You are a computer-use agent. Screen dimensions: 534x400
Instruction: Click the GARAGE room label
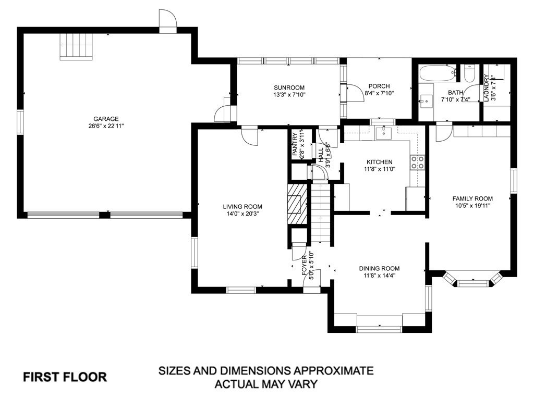click(x=106, y=119)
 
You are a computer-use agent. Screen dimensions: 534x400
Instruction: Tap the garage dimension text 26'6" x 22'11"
click(x=106, y=126)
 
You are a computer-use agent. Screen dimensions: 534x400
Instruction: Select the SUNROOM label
click(x=289, y=87)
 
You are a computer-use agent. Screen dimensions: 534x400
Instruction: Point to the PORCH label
click(x=379, y=86)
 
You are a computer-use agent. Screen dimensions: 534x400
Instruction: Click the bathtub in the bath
click(x=438, y=73)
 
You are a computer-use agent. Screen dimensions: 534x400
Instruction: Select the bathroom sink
click(x=426, y=101)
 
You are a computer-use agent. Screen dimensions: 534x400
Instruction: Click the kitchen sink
click(x=384, y=133)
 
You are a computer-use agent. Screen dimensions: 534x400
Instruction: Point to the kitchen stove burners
click(x=418, y=162)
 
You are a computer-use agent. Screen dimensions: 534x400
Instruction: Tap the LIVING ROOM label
click(x=242, y=206)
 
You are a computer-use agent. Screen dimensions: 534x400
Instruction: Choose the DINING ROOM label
click(x=379, y=268)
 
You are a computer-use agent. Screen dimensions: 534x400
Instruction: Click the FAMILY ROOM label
click(x=472, y=198)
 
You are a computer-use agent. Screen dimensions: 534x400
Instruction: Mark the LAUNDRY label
click(x=486, y=87)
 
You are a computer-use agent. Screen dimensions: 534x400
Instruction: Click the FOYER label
click(x=304, y=265)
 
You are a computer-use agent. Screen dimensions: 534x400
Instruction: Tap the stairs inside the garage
click(x=76, y=47)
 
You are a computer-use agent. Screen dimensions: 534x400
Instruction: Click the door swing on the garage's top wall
click(x=168, y=19)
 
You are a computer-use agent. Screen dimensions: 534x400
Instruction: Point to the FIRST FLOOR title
click(x=65, y=377)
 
